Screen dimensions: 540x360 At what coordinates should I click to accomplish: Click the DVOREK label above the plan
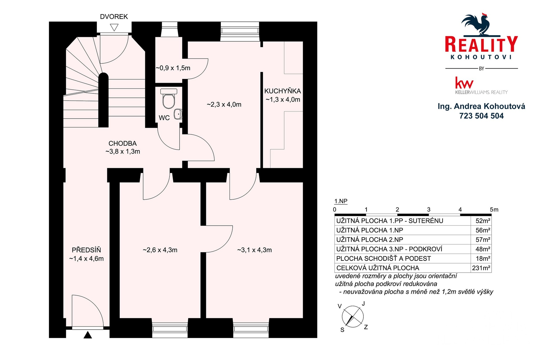coord(114,17)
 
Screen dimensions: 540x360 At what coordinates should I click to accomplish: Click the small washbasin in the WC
coord(178,114)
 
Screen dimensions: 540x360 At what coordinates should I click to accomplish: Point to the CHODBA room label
coord(123,143)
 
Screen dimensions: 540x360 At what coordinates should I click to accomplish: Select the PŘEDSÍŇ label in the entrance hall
coord(86,250)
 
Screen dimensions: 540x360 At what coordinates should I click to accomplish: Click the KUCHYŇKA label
coord(283,91)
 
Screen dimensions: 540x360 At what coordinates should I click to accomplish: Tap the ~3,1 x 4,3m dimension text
coord(255,250)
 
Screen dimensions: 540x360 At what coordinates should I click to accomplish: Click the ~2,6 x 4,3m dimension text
coord(160,250)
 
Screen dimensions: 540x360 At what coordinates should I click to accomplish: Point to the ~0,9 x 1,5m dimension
coord(173,68)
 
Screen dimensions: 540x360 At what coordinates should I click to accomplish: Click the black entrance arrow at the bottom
coord(88,335)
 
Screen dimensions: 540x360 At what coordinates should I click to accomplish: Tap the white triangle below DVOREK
coord(114,27)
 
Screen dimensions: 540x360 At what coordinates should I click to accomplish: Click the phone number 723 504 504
coord(481,116)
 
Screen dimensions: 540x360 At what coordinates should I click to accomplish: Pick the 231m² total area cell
coord(481,268)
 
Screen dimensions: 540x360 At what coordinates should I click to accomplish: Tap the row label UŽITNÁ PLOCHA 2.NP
coord(370,240)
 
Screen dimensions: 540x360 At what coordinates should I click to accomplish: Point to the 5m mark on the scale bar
coord(494,210)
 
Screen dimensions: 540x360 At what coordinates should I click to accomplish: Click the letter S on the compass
coord(342,330)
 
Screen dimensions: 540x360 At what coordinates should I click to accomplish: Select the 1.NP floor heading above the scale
coord(341,201)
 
